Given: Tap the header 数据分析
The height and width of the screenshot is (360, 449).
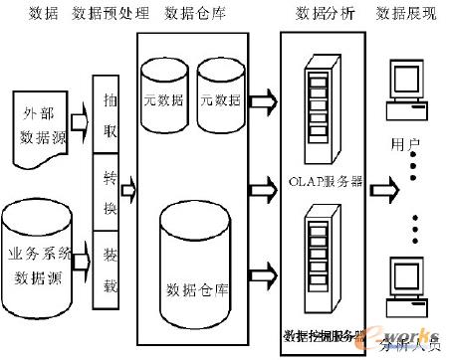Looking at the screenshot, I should click(321, 14).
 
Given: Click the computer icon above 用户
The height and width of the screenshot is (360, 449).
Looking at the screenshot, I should click(408, 90).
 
